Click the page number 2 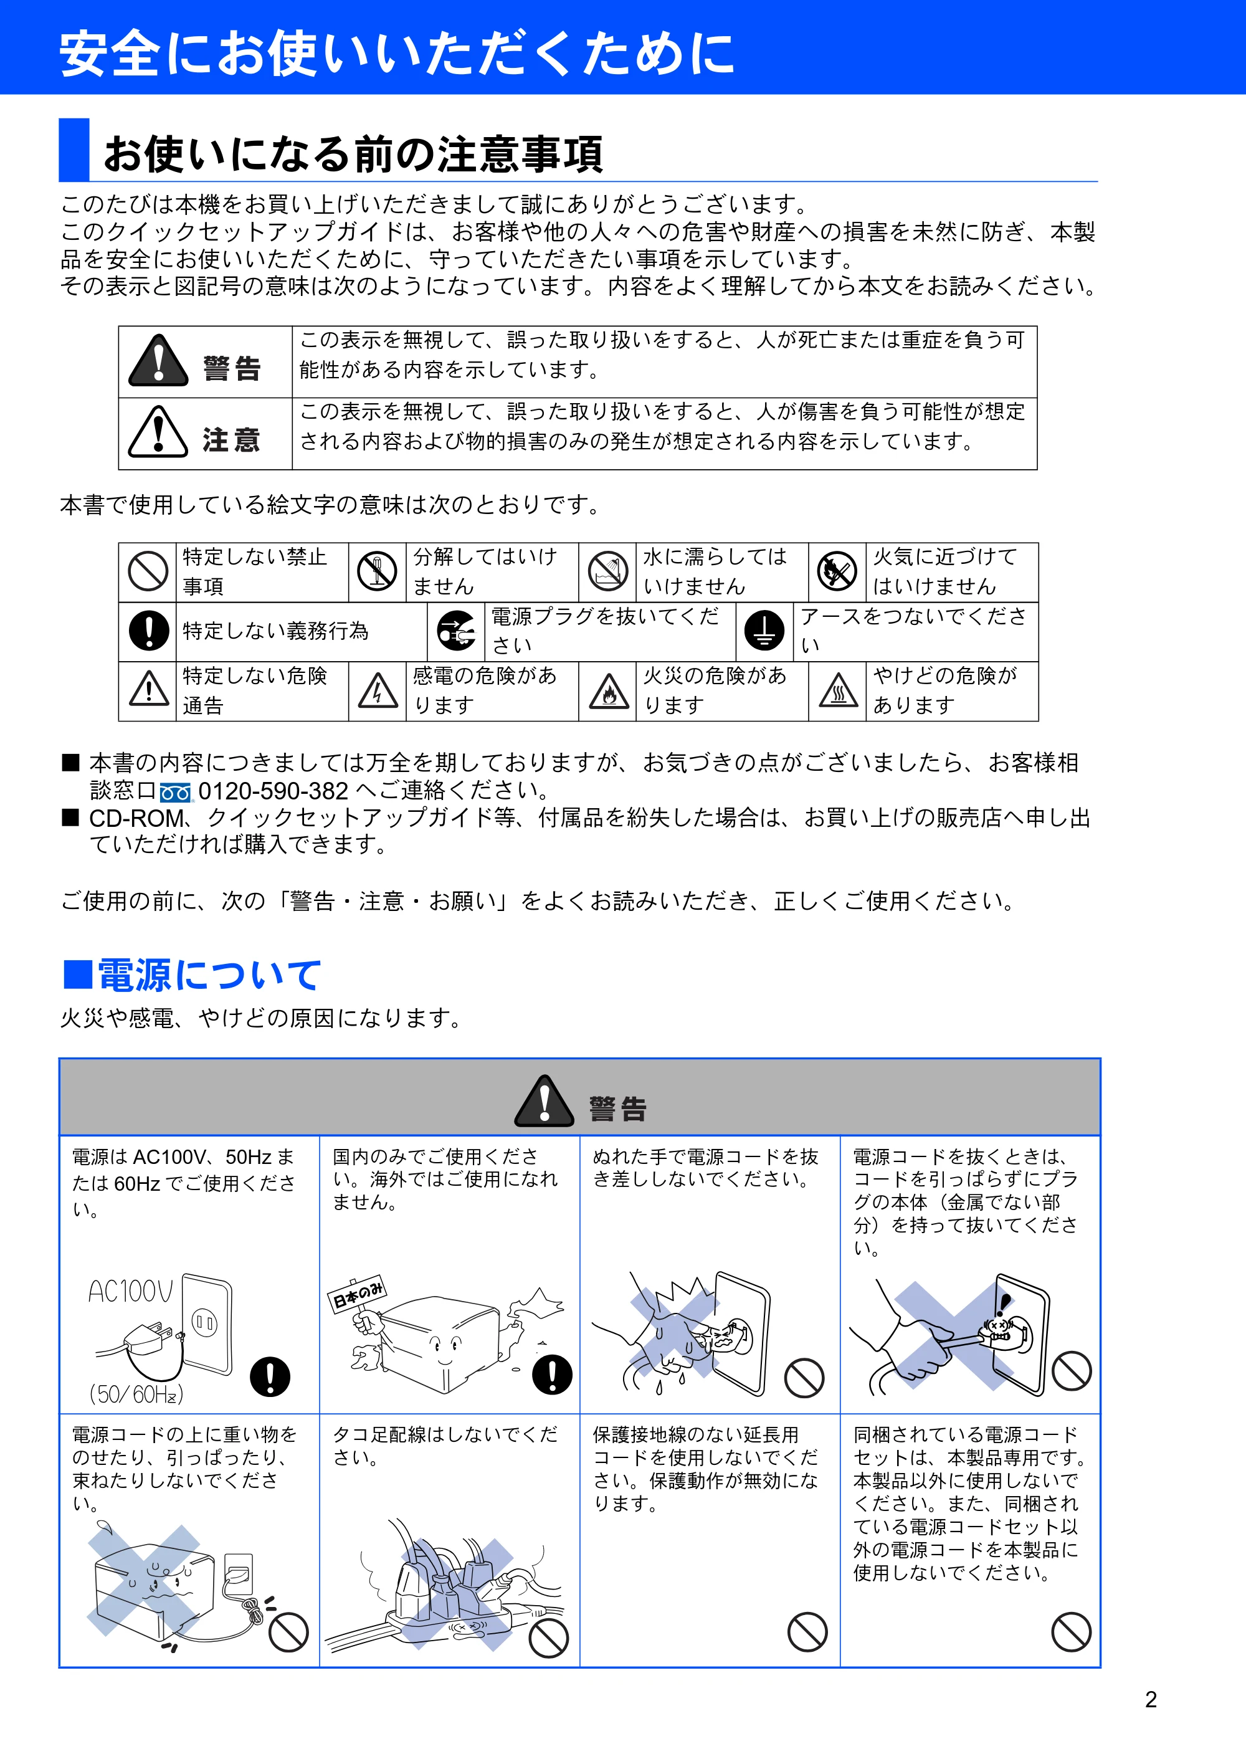[1150, 1699]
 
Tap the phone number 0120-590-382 [273, 791]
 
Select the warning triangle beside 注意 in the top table [158, 432]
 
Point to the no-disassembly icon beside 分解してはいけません [377, 571]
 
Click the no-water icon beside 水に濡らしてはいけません [607, 571]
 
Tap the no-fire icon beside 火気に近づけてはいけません [837, 571]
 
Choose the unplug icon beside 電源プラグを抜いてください [456, 631]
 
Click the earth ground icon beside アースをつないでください [764, 631]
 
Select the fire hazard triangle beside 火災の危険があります [609, 690]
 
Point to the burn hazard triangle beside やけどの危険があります [839, 690]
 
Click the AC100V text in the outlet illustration [131, 1292]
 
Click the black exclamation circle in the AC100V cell [270, 1376]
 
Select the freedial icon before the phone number [175, 792]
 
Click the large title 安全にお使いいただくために [396, 54]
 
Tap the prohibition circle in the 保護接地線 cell [807, 1631]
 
